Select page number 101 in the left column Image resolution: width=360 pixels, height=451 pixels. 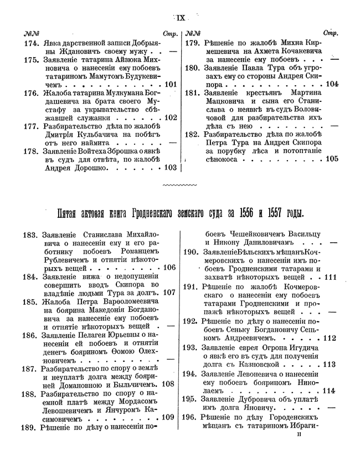[169, 85]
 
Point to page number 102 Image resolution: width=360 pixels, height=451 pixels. [169, 117]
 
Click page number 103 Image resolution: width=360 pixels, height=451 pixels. [169, 167]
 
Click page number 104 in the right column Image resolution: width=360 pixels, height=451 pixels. [331, 84]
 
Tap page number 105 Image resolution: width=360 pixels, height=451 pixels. [331, 158]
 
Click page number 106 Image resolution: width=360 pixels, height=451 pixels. [168, 268]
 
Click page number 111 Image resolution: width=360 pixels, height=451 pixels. [331, 277]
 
